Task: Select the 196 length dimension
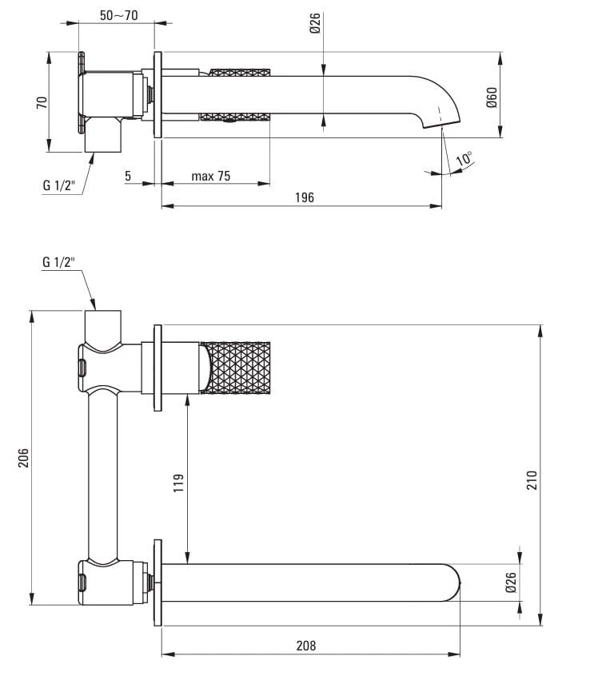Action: point(304,197)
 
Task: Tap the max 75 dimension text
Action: point(211,176)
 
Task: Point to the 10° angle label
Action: point(464,159)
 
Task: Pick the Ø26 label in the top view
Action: point(315,24)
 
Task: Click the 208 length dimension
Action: point(306,646)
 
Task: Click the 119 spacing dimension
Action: point(178,483)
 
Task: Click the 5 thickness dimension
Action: point(129,176)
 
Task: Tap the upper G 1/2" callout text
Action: point(58,185)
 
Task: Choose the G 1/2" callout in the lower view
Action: point(58,262)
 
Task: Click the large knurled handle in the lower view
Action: point(239,368)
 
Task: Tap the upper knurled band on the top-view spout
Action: point(239,74)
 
